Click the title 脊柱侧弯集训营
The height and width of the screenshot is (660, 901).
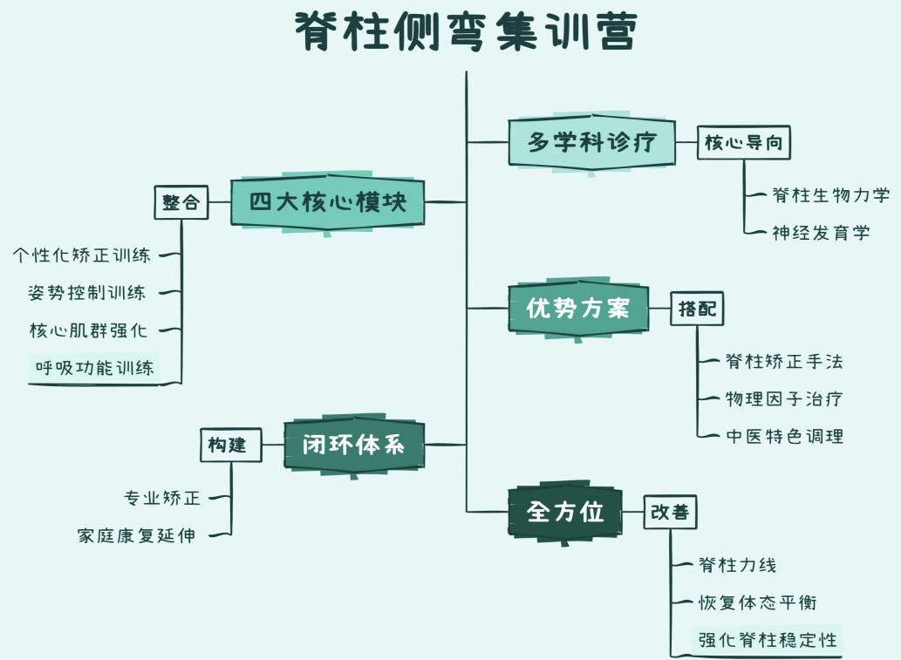click(x=467, y=32)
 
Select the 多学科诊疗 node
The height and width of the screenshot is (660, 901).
click(x=590, y=141)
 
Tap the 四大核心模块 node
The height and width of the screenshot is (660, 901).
click(x=327, y=203)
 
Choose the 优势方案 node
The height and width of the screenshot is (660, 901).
click(x=578, y=308)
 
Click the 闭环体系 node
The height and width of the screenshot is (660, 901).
click(x=353, y=445)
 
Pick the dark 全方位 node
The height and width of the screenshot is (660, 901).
click(x=564, y=512)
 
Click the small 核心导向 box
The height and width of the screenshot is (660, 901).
click(x=744, y=143)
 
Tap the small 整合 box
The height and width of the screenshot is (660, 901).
click(x=181, y=203)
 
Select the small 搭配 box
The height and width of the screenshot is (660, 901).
click(x=697, y=309)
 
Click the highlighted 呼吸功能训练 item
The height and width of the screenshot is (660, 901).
click(x=94, y=368)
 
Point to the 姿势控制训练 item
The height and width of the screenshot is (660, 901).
click(x=86, y=293)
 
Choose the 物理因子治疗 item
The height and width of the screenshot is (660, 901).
click(x=784, y=399)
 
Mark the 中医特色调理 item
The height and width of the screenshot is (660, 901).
click(x=784, y=436)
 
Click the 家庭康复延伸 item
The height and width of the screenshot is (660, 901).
click(x=136, y=536)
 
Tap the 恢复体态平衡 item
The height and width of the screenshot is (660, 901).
click(x=757, y=602)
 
